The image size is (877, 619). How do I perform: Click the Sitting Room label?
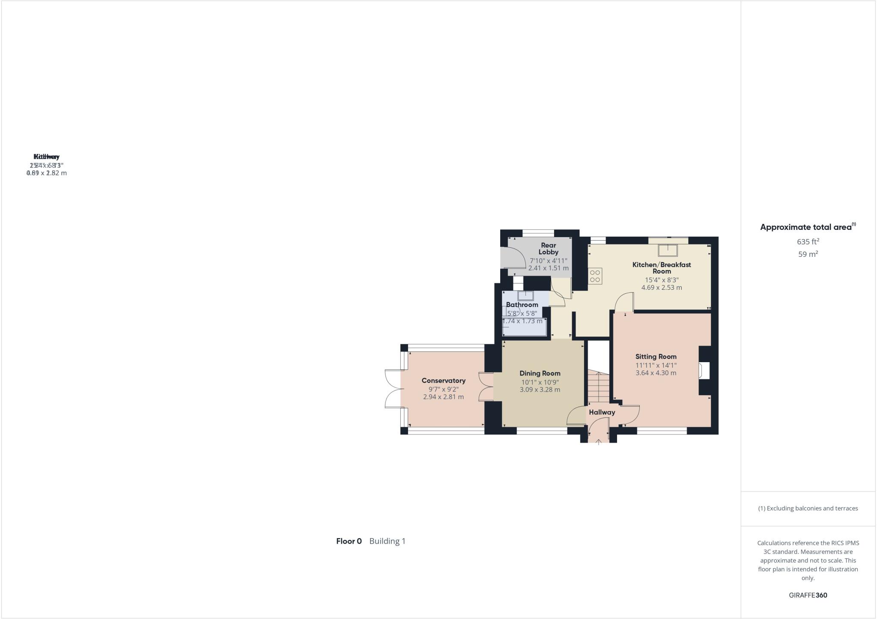tap(656, 357)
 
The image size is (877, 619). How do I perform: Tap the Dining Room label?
tap(540, 373)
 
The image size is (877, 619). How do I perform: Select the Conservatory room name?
tap(443, 381)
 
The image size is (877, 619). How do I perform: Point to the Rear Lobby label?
tap(548, 249)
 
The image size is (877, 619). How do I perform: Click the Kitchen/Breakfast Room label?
tap(662, 268)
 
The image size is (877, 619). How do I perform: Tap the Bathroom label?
tap(522, 305)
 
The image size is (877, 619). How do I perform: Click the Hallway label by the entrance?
tap(602, 412)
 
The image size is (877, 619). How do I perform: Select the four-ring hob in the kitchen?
tap(595, 276)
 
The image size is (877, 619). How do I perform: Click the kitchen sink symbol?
tap(668, 250)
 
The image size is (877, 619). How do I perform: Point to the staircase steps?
tap(598, 387)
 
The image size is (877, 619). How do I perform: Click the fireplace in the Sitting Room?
tap(704, 371)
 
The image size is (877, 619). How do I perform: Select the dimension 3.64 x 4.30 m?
tap(656, 373)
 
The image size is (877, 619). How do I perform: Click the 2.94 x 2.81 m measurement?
tap(443, 397)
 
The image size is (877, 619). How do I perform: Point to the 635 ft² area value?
tap(808, 241)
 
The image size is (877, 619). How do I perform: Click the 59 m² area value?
tap(808, 254)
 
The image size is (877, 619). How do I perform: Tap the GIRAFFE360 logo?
tap(808, 595)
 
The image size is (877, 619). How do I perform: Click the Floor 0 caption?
tap(349, 541)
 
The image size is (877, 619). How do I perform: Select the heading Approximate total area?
tap(806, 227)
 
